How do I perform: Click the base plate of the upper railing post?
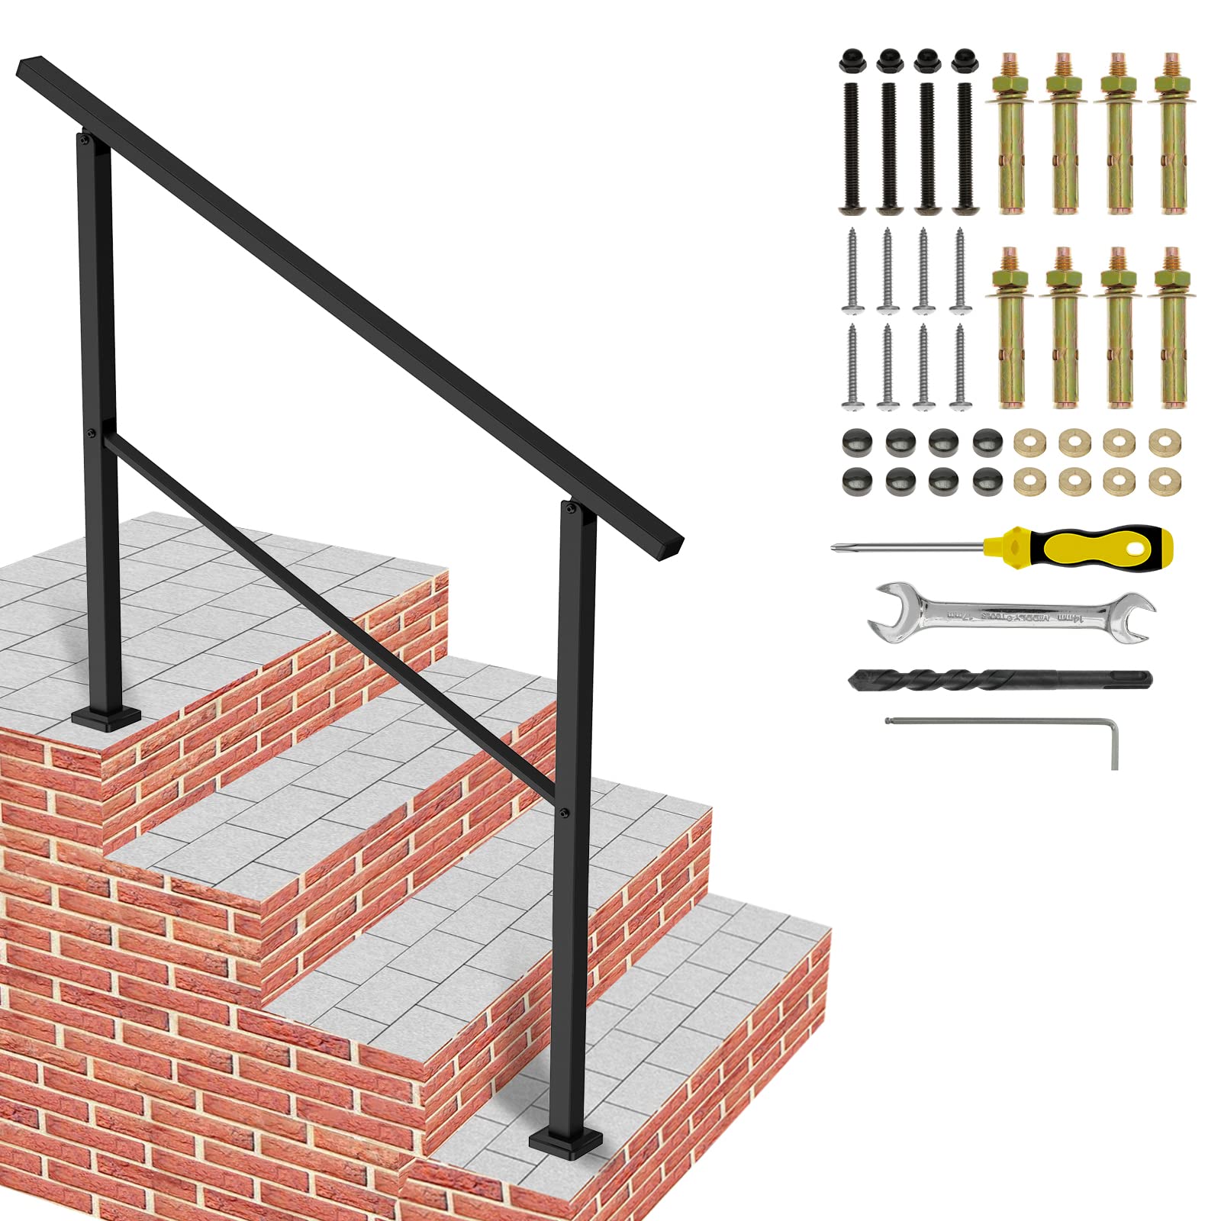click(106, 717)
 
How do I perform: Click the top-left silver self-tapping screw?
click(852, 271)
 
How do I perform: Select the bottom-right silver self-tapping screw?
click(960, 366)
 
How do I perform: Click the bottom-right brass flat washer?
click(1165, 482)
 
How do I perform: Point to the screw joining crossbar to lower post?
click(563, 813)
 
